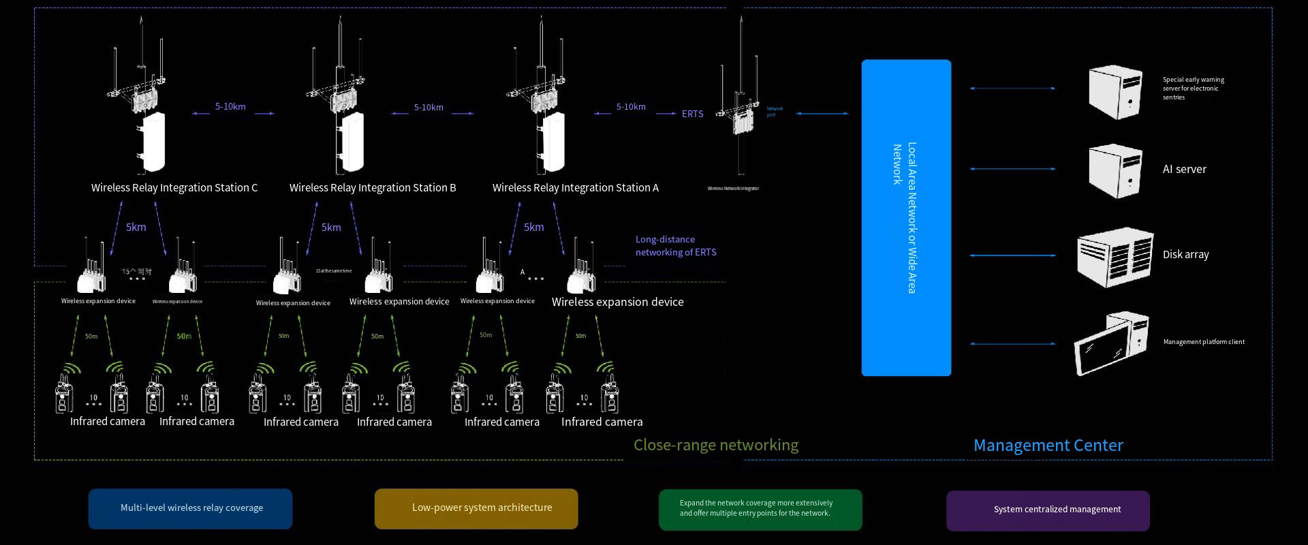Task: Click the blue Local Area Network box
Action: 906,218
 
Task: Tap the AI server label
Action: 1184,170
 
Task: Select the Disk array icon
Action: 1115,257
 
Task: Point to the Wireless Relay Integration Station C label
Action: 174,188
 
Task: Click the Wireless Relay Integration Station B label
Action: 373,188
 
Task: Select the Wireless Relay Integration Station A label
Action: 576,188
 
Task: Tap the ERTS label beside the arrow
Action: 692,114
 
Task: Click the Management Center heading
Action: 1048,446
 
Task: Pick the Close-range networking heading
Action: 715,446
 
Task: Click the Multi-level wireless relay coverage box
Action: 191,509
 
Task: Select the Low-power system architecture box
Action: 476,509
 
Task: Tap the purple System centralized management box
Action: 1048,510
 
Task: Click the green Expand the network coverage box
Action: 760,510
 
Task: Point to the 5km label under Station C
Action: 136,228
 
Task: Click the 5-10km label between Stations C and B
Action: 230,107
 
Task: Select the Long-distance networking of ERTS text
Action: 676,246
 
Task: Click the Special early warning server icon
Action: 1115,92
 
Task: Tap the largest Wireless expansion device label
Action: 617,302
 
